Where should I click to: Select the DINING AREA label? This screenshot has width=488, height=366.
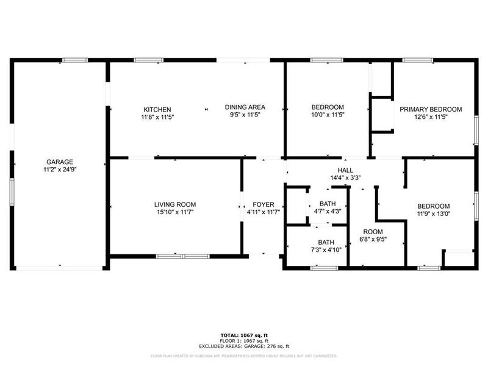coord(245,107)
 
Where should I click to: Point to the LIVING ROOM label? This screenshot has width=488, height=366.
coord(174,204)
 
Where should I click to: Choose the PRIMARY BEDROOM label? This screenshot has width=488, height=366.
coord(431,109)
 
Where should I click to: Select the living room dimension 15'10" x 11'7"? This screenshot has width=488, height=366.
coord(174,212)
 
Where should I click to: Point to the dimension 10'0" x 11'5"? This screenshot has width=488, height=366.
coord(328,115)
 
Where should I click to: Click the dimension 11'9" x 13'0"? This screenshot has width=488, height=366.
coord(433,214)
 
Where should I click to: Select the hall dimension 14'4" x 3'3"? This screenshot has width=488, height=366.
coord(345,178)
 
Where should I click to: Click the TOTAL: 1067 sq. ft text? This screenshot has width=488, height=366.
coord(244,335)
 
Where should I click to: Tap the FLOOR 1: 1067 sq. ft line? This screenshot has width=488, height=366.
coord(244,340)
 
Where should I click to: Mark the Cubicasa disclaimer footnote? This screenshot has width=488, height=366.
coord(244,355)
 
